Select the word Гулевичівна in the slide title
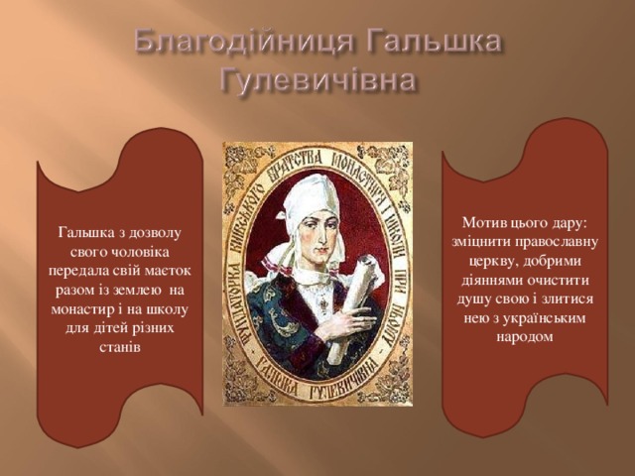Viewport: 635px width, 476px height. click(317, 79)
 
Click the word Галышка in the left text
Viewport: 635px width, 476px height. click(85, 233)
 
